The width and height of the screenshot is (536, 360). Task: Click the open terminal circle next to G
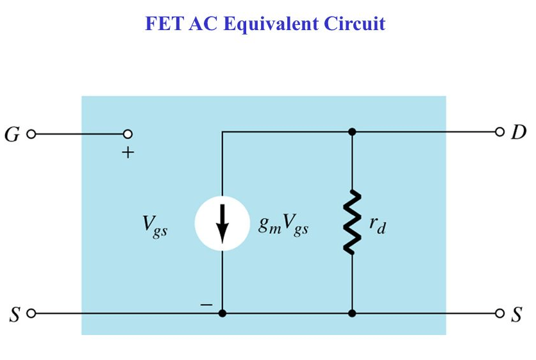click(x=30, y=135)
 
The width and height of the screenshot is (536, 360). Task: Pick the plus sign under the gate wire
click(x=128, y=153)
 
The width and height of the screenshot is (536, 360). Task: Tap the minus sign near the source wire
click(x=205, y=306)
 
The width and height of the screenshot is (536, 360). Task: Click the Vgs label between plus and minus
click(x=155, y=227)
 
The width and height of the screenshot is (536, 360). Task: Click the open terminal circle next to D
click(x=500, y=133)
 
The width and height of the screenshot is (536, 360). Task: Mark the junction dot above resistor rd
click(x=352, y=133)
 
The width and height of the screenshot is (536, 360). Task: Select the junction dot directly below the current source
click(x=222, y=314)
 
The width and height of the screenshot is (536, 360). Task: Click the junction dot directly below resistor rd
click(x=352, y=314)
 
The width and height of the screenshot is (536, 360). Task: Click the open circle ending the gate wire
click(x=128, y=135)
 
